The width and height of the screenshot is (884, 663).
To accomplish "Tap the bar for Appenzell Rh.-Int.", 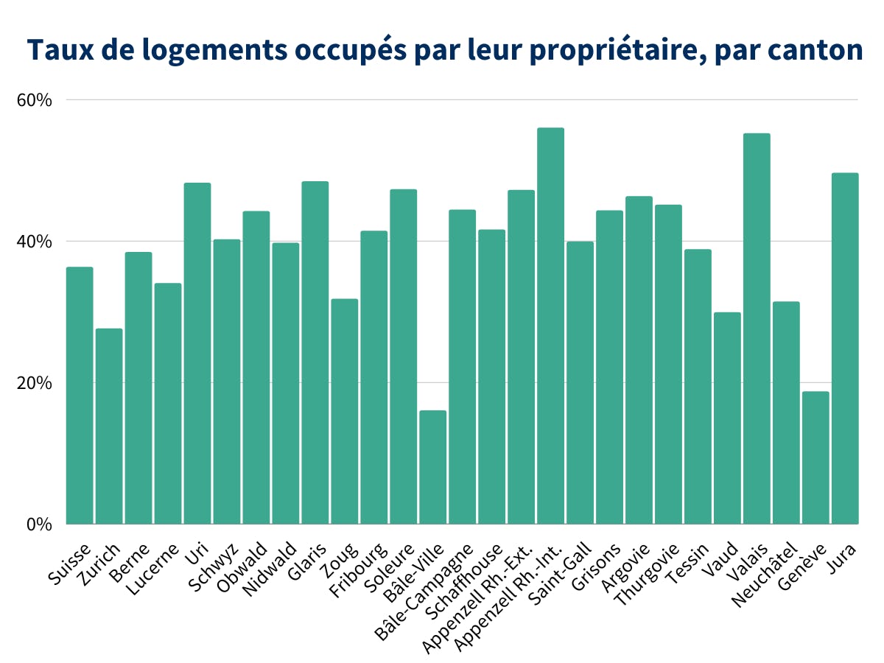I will coord(550,326).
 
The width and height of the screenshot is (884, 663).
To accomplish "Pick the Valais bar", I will coord(757,329).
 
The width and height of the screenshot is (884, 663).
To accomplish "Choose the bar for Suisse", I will coord(80,396).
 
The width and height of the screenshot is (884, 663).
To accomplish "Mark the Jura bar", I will coord(845,348).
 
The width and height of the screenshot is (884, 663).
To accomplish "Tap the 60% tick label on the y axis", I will coord(34,99).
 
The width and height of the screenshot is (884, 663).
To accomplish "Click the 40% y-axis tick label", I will coord(34,241).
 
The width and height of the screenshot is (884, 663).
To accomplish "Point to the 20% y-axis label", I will coord(34,383).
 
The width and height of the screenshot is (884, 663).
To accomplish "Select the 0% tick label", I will coord(38,525).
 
